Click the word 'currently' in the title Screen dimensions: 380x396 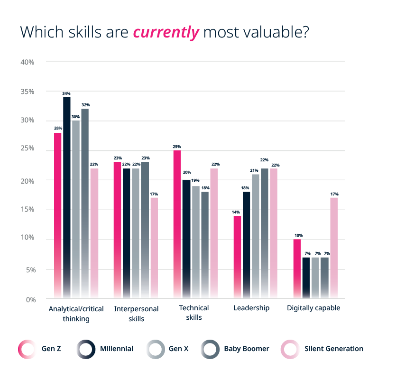coord(166,32)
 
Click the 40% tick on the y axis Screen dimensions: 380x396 coord(28,62)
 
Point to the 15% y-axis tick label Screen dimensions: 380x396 coord(28,210)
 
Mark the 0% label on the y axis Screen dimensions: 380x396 coord(29,299)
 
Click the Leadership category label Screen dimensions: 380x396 coord(251,308)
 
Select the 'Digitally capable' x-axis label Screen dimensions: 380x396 coord(313,308)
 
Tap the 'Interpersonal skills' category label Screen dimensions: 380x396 coord(136,314)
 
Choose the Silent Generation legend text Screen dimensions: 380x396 coord(334,349)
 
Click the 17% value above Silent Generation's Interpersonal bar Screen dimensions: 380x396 coord(154,194)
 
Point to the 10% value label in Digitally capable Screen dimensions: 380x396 coord(298,235)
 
